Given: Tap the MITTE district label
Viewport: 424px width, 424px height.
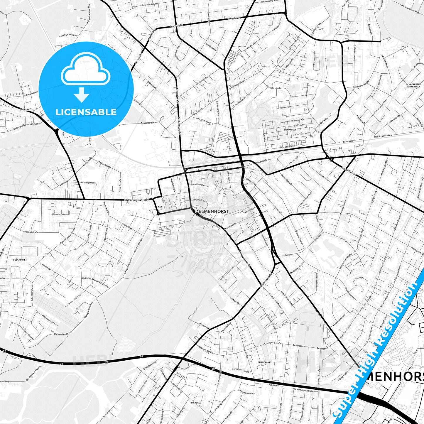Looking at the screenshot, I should tap(162, 207).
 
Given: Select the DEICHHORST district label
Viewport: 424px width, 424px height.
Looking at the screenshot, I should tap(20, 260).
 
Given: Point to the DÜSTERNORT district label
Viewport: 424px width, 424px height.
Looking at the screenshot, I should tap(264, 362).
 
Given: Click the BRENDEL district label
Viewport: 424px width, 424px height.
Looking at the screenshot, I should tap(195, 403).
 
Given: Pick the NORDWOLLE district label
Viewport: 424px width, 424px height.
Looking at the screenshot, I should tap(290, 129).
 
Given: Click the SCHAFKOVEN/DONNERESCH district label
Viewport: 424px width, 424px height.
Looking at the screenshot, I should tap(414, 86).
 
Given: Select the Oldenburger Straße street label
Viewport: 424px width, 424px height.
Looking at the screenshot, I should tap(137, 200).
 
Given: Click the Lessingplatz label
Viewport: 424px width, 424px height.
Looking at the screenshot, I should tap(211, 47).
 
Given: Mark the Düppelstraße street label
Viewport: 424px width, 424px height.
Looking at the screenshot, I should tap(148, 123).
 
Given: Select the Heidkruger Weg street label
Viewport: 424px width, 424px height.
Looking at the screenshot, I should tap(383, 136).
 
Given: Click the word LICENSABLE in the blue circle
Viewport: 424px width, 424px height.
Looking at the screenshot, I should tap(86, 112).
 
